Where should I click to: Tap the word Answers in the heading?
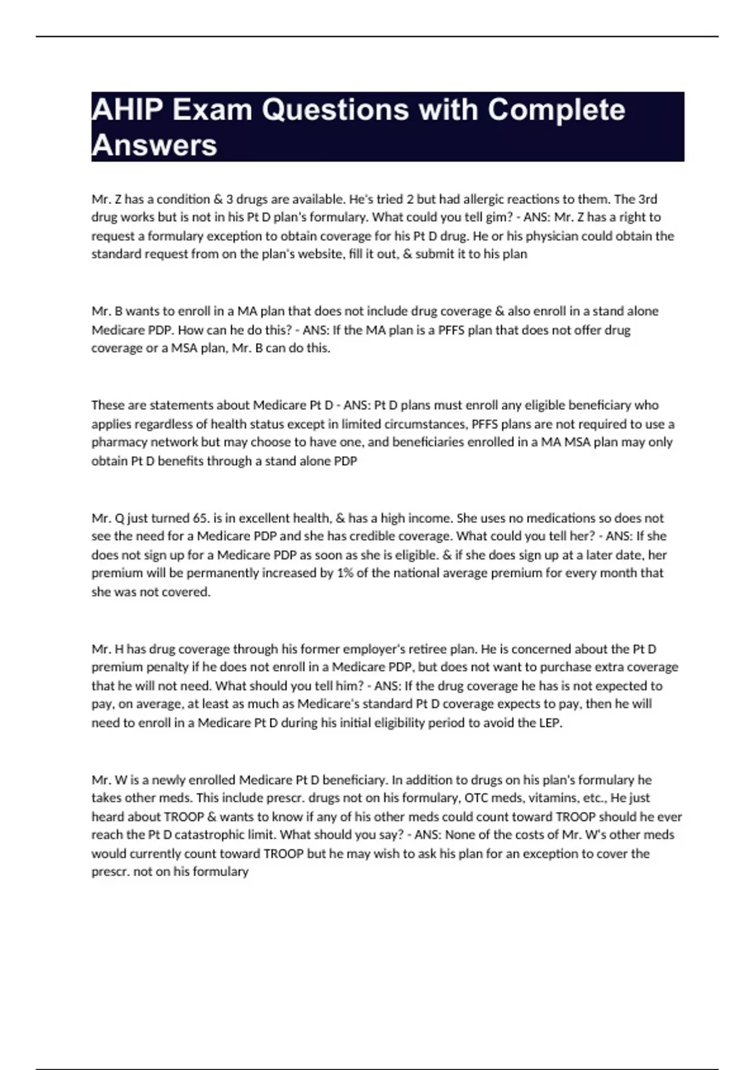(154, 145)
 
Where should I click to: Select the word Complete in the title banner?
(556, 110)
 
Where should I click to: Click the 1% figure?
(344, 573)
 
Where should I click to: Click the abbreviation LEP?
(550, 723)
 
